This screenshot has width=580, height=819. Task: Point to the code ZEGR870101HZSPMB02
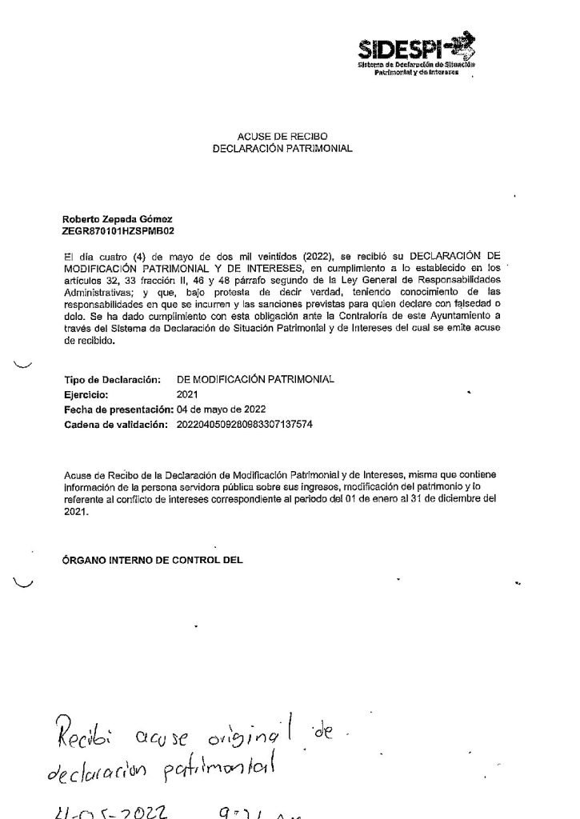[x=111, y=230]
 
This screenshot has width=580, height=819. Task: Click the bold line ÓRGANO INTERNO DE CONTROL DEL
[x=151, y=561]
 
